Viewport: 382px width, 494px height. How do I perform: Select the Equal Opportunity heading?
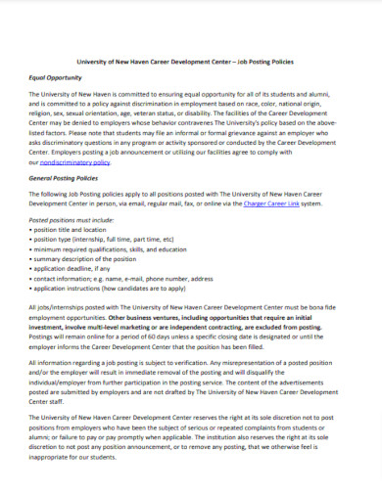tap(54, 77)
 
